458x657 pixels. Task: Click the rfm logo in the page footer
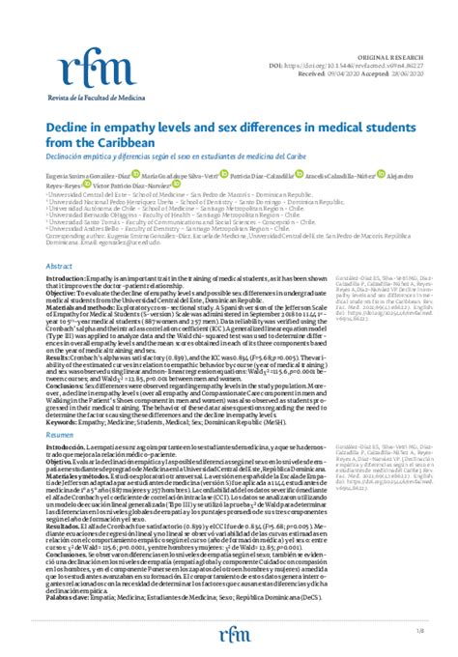(229, 635)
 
